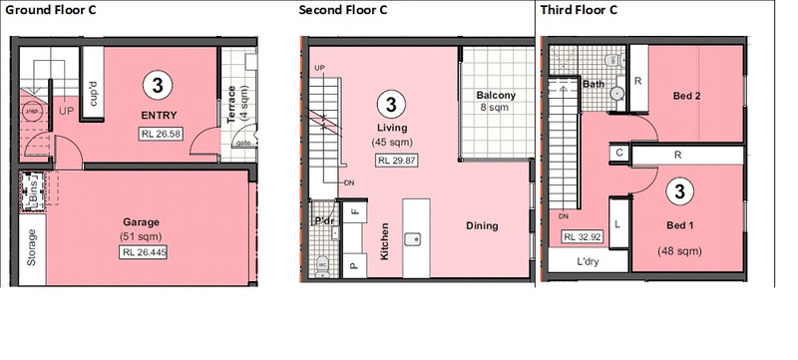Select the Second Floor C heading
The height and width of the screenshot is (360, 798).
[x=342, y=10]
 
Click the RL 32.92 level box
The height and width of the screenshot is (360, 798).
[x=584, y=237]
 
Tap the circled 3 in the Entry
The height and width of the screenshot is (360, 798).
[x=156, y=85]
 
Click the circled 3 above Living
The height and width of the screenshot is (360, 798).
[x=392, y=102]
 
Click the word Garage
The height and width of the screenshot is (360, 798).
[x=143, y=221]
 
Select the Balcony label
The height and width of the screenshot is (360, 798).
[x=496, y=96]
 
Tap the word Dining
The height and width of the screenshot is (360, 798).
[x=482, y=225]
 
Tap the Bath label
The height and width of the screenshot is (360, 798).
[x=594, y=85]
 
